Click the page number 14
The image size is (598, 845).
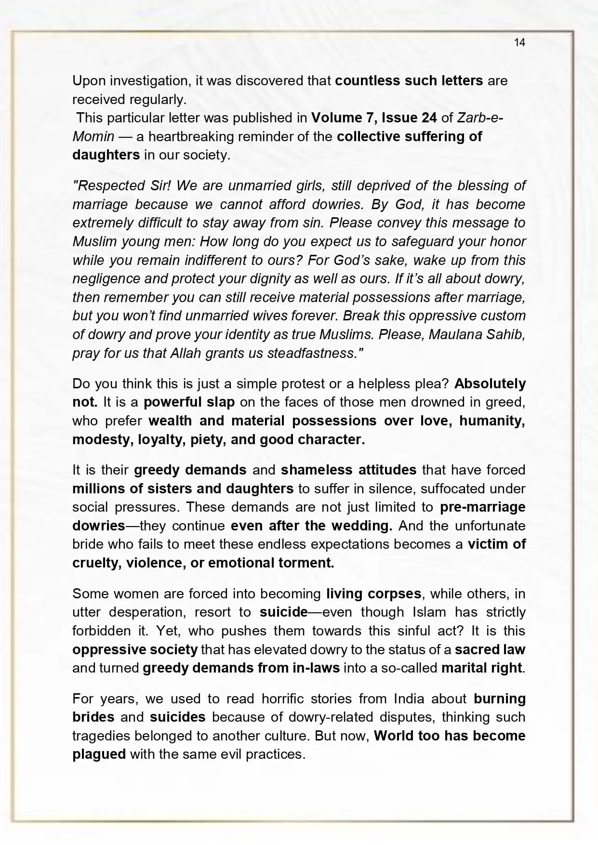point(519,42)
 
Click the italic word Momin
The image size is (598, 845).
point(93,136)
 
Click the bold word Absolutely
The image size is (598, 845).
point(490,384)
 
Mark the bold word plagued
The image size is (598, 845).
point(99,754)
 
